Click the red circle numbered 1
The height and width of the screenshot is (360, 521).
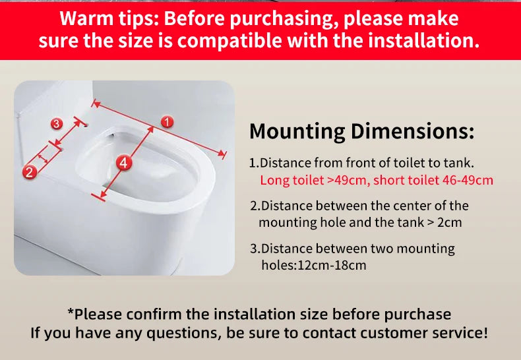coord(167,122)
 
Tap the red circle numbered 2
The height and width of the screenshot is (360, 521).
coord(29,172)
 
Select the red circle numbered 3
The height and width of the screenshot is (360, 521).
coord(57,124)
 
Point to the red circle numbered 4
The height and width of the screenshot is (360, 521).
coord(123,163)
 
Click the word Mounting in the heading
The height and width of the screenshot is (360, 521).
coord(297,131)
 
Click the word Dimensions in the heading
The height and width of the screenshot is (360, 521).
coord(412,131)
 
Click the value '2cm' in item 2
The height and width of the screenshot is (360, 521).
coord(449,222)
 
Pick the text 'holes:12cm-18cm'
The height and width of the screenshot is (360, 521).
coord(314,265)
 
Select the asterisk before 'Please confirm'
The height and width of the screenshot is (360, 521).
coord(71,311)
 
